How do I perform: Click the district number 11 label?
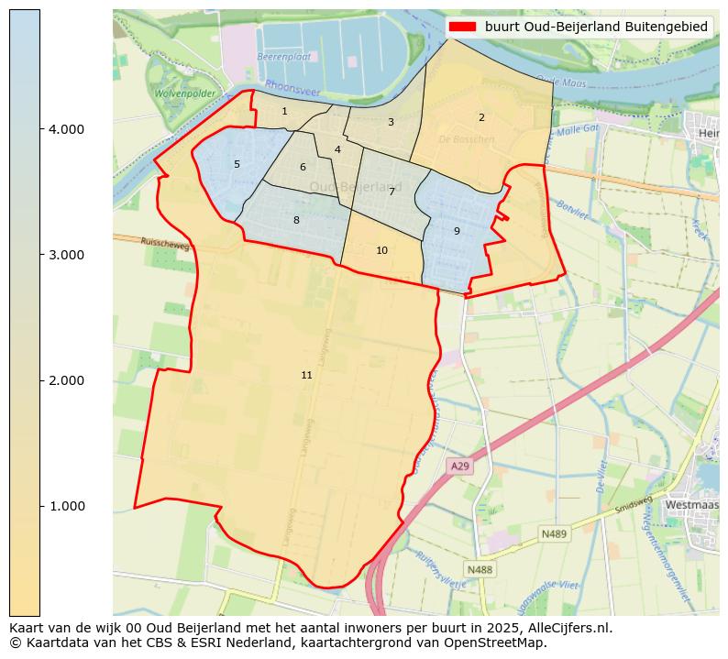click(306, 375)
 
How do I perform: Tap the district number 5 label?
click(237, 165)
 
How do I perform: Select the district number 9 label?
click(457, 231)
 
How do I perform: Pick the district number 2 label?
click(481, 117)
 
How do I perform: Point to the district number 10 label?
click(381, 250)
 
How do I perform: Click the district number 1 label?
click(284, 111)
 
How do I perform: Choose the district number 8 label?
click(296, 220)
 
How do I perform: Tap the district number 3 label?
click(391, 122)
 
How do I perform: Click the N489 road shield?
click(554, 533)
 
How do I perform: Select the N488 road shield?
click(480, 570)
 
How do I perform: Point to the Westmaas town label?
click(691, 504)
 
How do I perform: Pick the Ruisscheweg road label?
click(166, 245)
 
